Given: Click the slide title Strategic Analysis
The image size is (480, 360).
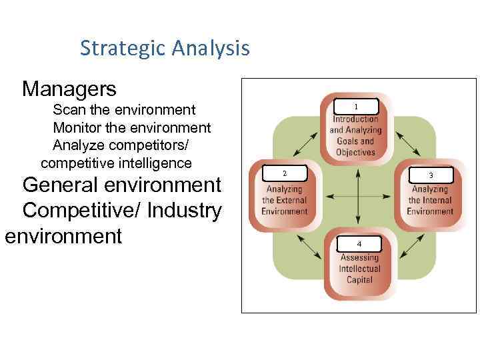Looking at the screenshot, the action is [x=165, y=48].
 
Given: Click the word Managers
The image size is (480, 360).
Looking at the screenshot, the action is [x=69, y=88].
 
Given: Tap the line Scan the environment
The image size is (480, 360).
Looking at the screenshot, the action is [x=124, y=109].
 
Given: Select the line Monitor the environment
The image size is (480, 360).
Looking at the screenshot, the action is [x=131, y=127].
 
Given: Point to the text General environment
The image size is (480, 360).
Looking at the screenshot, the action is [x=122, y=184].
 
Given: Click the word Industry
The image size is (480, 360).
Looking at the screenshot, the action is [x=185, y=211].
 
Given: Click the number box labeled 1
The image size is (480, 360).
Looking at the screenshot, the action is [x=356, y=107].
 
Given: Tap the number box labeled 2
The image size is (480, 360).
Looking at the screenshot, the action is [x=285, y=174].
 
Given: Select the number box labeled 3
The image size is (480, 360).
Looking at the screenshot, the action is [x=431, y=175].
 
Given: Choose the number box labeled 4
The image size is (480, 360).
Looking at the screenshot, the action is [x=359, y=244].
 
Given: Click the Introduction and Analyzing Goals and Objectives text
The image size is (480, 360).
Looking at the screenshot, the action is [x=356, y=136].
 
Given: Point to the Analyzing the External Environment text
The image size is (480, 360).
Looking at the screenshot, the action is [x=285, y=201].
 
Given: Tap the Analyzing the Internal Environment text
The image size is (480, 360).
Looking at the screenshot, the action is [x=430, y=201].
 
